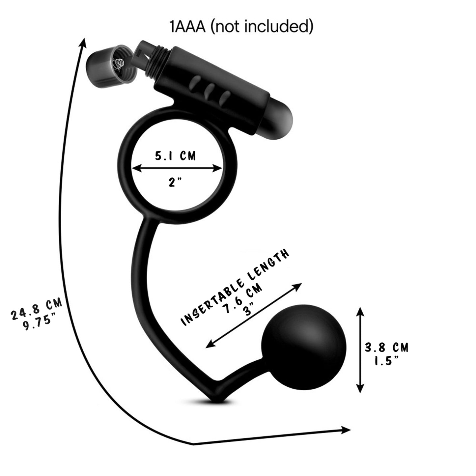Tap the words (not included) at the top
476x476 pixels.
[x=262, y=27]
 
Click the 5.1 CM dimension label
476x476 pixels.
[x=176, y=156]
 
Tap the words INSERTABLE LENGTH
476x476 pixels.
[x=236, y=287]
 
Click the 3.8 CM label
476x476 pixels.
[x=386, y=347]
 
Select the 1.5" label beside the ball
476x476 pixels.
[x=386, y=361]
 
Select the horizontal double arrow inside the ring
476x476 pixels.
[x=177, y=169]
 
